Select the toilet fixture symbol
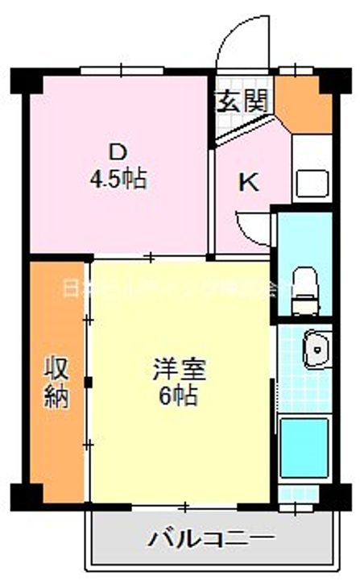coord(305,287)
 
